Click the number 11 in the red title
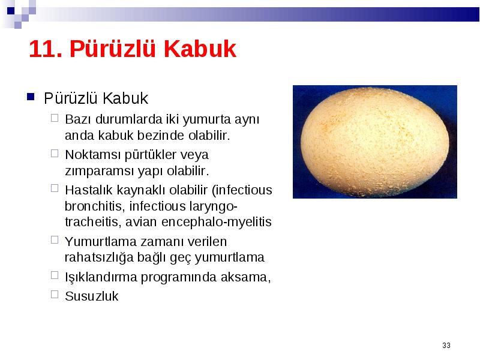coord(45,49)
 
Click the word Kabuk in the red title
coord(200,49)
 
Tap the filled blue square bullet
coord(31,97)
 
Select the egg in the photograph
coord(374,142)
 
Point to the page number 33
coord(446,346)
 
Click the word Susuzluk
coord(92,296)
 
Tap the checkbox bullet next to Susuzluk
coord(55,294)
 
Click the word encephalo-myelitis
coord(217,222)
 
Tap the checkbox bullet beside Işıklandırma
coord(55,275)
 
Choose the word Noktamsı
coord(93,155)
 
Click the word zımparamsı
coord(100,171)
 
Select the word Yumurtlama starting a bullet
coord(100,242)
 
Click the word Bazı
coord(78,119)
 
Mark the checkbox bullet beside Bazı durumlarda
coord(55,118)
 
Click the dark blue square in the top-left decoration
coord(11,11)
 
